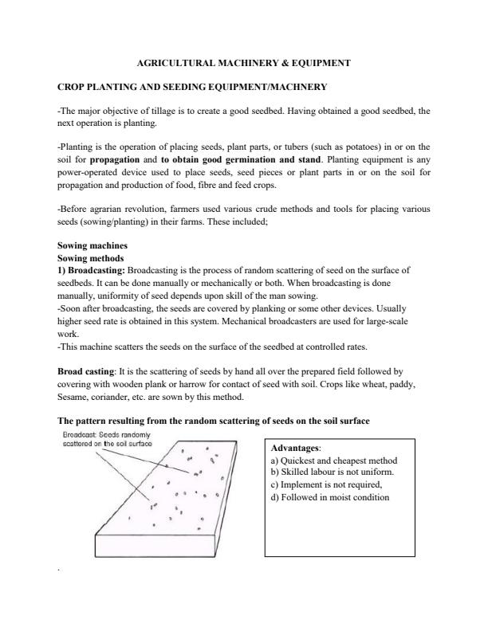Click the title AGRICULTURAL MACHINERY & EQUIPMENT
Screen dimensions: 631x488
244,61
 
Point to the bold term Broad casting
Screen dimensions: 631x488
87,371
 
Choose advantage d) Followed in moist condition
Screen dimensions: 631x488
329,497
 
